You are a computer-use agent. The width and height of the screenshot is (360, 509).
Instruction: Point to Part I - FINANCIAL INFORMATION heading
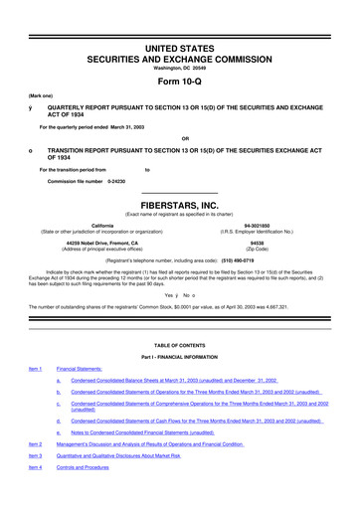click(x=180, y=356)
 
